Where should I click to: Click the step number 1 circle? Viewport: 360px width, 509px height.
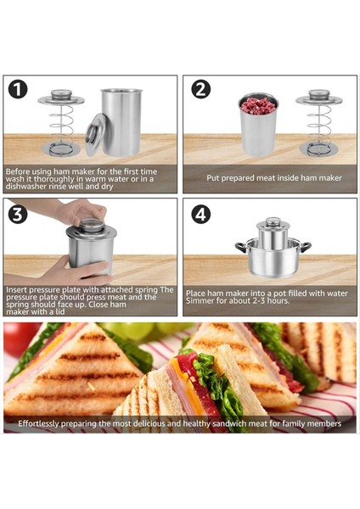coord(18,89)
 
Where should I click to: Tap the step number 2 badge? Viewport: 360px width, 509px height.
coord(200,89)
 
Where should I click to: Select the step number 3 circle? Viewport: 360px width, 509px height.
coord(18,215)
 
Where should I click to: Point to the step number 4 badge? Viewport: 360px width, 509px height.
coord(200,215)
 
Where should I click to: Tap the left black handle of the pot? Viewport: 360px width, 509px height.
coord(241,247)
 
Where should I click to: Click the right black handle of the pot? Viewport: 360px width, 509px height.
coord(306,247)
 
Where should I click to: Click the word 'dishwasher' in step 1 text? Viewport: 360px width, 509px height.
coord(25,187)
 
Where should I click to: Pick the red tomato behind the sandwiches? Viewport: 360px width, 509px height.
coord(19,338)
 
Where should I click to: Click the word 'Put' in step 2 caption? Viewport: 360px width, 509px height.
coord(213,178)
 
